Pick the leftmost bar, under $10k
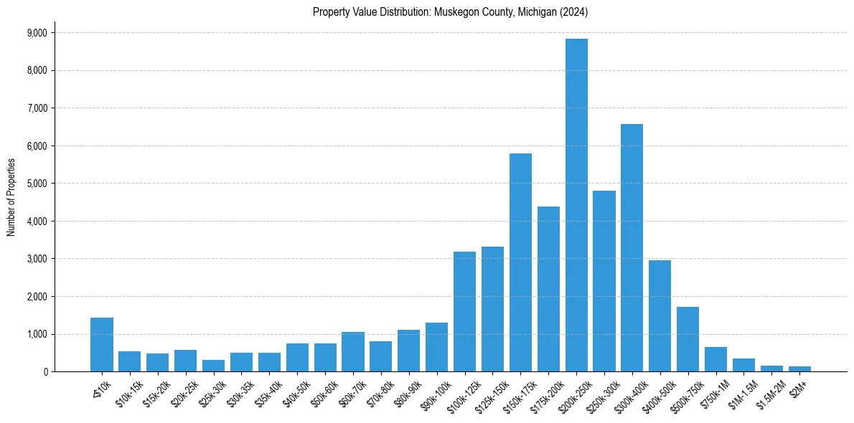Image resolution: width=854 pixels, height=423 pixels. tap(102, 345)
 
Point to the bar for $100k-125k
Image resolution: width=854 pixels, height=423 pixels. tap(464, 311)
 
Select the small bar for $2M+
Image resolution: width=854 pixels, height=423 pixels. tap(799, 369)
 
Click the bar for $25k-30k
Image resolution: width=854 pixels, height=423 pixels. tap(213, 366)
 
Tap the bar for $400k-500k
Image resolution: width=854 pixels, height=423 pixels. tap(660, 315)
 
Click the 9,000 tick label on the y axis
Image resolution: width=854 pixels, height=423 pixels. tap(37, 33)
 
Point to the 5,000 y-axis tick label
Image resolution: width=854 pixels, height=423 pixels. tap(37, 184)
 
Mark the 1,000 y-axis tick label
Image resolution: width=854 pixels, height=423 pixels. tap(37, 334)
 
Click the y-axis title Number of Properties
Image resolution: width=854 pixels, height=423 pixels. tap(11, 197)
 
